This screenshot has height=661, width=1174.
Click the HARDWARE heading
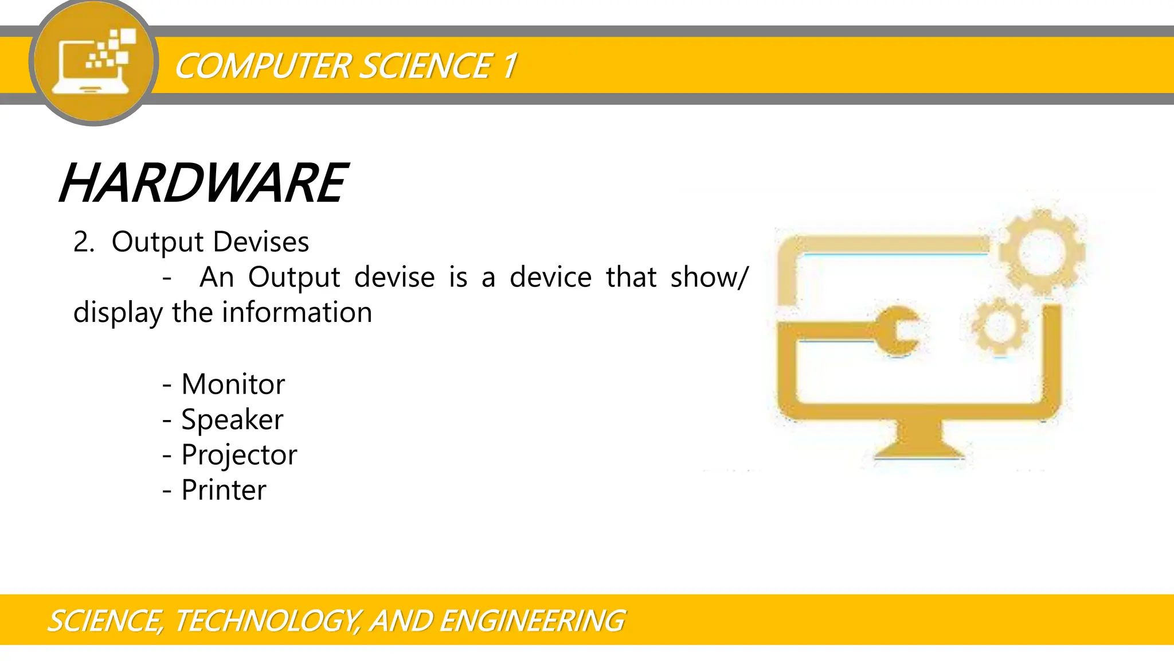203,184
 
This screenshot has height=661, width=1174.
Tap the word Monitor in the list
233,384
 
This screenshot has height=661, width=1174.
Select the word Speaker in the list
232,419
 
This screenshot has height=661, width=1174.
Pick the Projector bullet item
239,455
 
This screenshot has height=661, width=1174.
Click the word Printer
224,490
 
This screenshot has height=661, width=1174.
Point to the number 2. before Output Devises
84,242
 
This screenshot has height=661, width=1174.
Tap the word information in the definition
297,313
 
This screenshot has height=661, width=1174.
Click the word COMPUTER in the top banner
262,66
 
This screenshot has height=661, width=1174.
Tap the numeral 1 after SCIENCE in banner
509,66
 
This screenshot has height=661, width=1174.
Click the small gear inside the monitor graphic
999,325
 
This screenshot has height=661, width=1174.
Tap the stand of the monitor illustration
919,441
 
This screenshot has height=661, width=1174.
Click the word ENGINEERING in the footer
532,621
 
